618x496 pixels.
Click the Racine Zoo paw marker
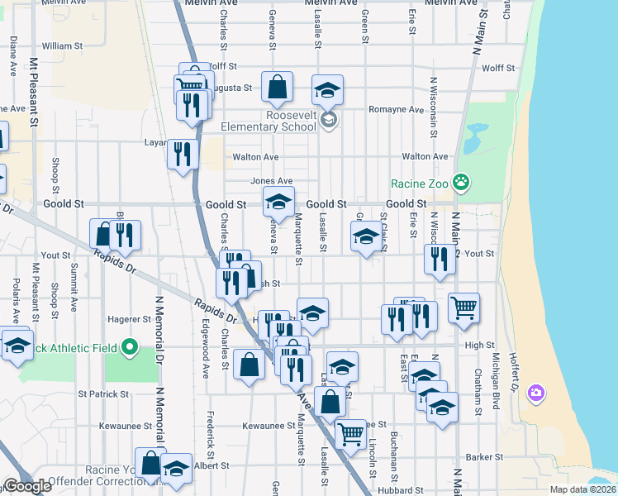pos(462,181)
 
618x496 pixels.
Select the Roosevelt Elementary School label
pos(269,121)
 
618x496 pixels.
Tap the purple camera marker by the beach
pos(536,391)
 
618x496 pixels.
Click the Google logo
pos(26,486)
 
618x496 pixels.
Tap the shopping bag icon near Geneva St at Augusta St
pos(278,85)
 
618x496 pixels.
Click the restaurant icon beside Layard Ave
pos(183,153)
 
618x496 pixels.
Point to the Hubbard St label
pos(404,490)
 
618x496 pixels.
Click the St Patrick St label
pos(103,393)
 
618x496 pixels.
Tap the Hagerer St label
pos(131,319)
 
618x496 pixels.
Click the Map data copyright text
pos(582,489)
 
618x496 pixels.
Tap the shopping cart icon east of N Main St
pos(464,308)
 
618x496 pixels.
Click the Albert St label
pos(211,466)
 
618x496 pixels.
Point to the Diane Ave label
pos(14,54)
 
